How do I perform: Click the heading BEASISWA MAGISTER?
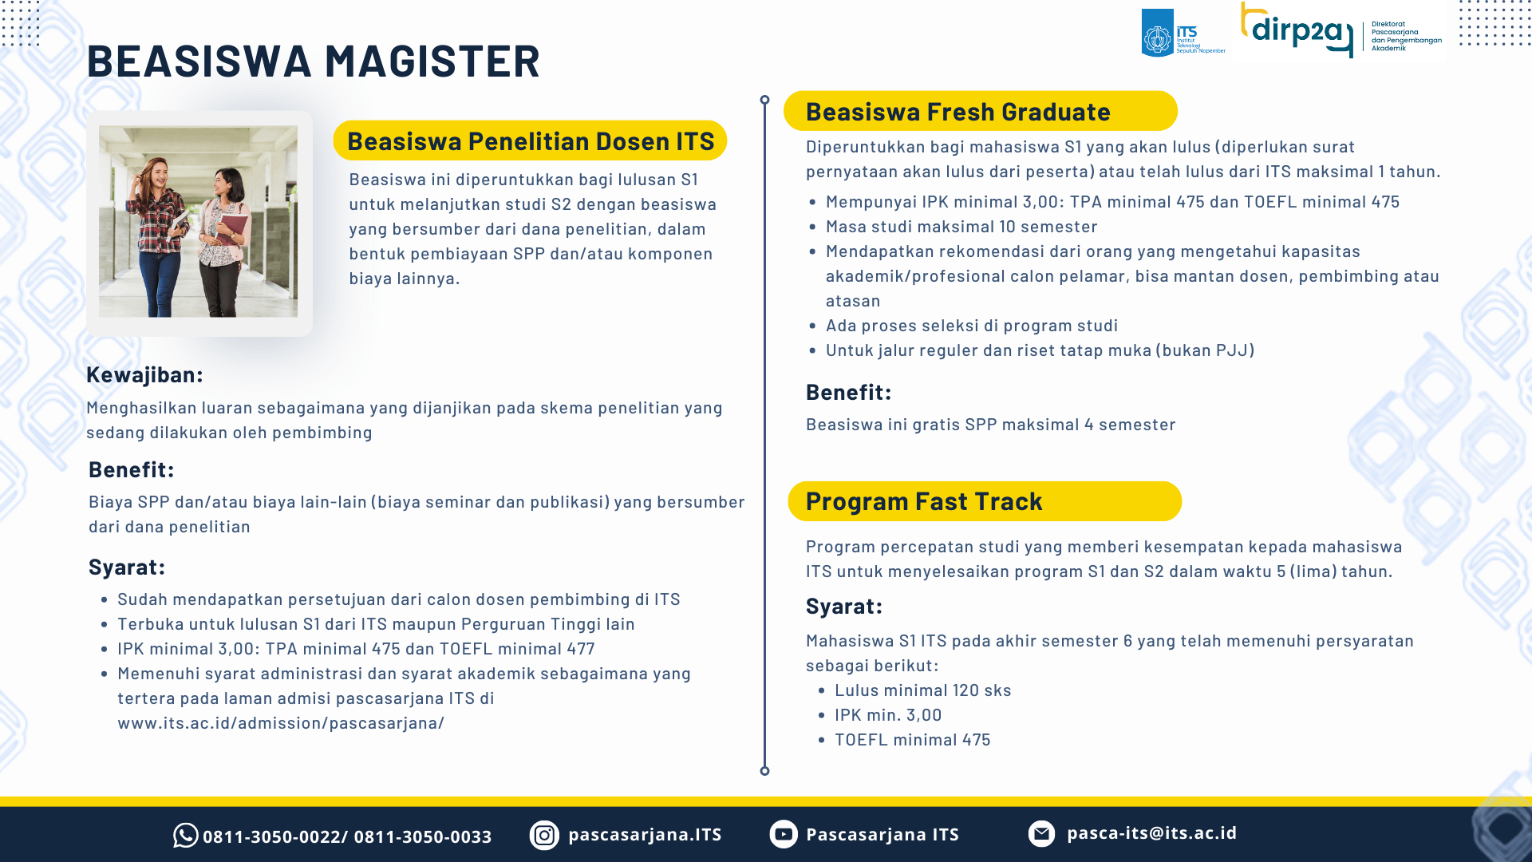point(313,61)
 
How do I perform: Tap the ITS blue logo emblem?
point(1157,33)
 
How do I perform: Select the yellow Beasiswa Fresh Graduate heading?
point(980,111)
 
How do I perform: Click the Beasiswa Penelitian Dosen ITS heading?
point(530,140)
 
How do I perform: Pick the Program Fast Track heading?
point(985,501)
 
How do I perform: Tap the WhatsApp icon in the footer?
point(185,836)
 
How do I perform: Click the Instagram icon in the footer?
point(544,835)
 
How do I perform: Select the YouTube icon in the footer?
point(784,834)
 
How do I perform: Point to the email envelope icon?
point(1041,833)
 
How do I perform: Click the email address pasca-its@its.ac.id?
point(1151,832)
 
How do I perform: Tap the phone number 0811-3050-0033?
point(423,836)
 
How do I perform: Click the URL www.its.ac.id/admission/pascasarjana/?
point(281,723)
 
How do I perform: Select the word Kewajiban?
point(141,374)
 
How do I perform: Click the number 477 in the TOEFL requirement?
point(581,649)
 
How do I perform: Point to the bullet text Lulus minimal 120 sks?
point(923,690)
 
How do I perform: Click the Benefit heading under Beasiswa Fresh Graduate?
point(848,392)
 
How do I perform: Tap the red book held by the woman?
point(234,229)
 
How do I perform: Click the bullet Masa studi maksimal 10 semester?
point(961,227)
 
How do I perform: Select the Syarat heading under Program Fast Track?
point(844,607)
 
